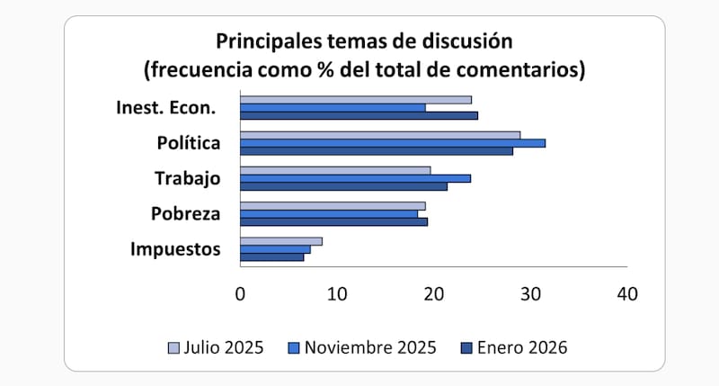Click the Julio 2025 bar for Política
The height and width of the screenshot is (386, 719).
point(380,135)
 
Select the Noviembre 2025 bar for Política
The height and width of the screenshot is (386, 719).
point(393,143)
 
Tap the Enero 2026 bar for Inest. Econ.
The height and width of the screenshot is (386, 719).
point(359,115)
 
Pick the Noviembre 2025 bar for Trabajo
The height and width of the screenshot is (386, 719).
point(355,178)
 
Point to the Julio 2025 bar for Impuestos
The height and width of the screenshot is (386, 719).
point(281,241)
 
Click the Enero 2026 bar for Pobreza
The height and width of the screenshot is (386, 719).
point(333,221)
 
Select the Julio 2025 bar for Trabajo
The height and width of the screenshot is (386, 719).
point(335,170)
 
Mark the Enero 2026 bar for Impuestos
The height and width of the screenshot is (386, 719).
point(271,257)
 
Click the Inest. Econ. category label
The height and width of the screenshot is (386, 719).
point(166,108)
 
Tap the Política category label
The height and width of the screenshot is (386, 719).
point(188,143)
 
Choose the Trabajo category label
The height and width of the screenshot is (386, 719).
point(187,178)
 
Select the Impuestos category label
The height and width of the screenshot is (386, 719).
point(175,249)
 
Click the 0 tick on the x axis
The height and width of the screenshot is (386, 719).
point(240,294)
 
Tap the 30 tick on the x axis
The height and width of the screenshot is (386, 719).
point(531,294)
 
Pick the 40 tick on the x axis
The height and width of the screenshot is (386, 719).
point(627,294)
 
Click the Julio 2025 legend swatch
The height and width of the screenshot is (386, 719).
point(174,347)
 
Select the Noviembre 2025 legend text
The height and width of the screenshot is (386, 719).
point(370,347)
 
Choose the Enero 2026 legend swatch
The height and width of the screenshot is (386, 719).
point(466,347)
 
